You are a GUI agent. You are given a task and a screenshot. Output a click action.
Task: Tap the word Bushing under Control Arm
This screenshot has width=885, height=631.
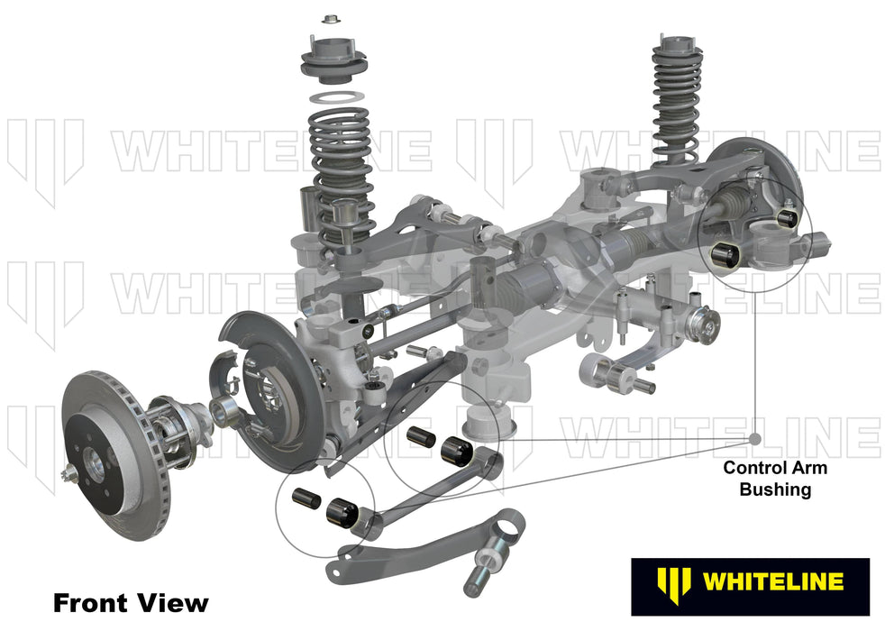pos(775,490)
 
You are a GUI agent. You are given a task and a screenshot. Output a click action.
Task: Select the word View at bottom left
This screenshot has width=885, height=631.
pos(171,602)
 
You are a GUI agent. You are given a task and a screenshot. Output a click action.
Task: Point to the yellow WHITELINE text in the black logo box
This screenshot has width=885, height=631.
pos(772,581)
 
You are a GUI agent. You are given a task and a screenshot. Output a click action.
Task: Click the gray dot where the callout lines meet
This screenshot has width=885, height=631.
pos(755,439)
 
